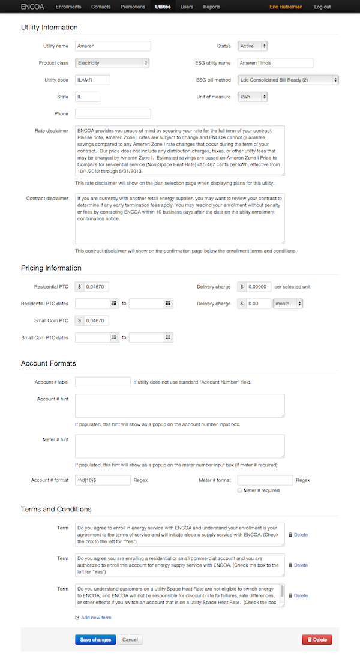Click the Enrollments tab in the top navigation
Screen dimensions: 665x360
pos(68,7)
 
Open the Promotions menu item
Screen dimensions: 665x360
pos(133,7)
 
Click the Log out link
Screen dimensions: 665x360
pos(322,7)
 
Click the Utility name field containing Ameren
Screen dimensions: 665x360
pos(113,46)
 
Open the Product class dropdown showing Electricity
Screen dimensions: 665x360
pos(113,63)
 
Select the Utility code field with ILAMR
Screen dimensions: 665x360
pos(93,80)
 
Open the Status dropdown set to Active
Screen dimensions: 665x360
pos(253,46)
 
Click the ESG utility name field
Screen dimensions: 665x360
pos(275,63)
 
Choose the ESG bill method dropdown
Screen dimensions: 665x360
pos(288,80)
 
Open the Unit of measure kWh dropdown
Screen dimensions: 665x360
pos(253,97)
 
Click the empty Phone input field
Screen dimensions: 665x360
pos(113,113)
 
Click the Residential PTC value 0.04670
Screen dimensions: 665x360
pos(96,287)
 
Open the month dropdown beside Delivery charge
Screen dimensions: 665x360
pos(288,304)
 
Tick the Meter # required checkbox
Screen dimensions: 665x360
pos(240,490)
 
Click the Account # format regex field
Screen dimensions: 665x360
pos(103,480)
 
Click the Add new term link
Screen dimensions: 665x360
pos(95,618)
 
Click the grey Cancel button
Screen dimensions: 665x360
pos(130,640)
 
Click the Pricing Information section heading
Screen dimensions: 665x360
pos(51,268)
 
